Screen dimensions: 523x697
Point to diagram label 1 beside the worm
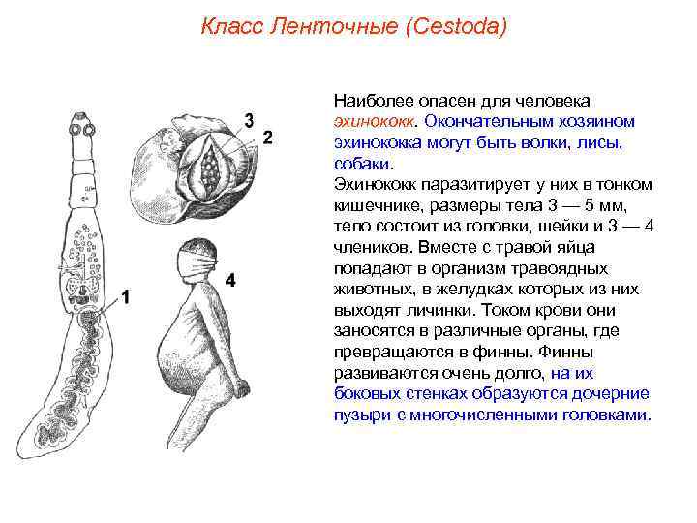pos(125,298)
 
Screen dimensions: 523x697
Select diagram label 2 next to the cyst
pos(268,137)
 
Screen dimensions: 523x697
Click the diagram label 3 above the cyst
pos(249,120)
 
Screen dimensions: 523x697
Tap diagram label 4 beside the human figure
pos(230,280)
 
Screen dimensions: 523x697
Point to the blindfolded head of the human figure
pos(199,254)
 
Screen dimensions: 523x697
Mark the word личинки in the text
pos(398,311)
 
